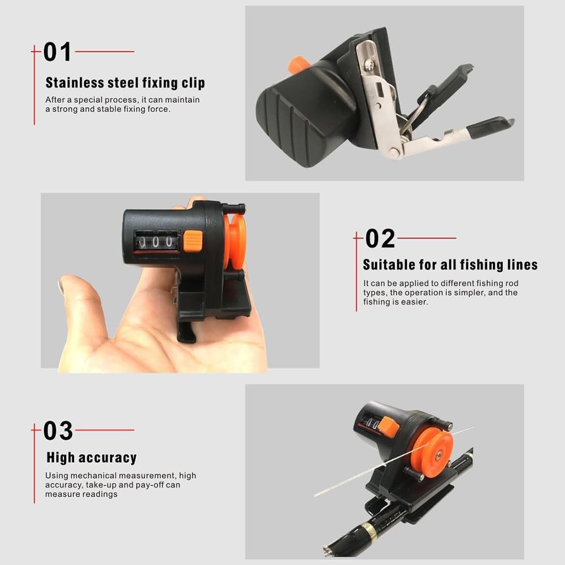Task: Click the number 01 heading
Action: point(57,52)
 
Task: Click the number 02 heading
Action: point(380,238)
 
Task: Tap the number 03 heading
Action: point(58,430)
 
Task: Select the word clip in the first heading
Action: point(193,83)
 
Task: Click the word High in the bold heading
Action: point(60,457)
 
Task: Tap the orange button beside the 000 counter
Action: point(193,241)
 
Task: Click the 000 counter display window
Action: point(157,241)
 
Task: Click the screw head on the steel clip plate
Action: point(368,64)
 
